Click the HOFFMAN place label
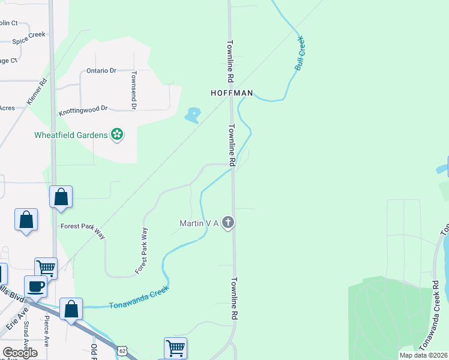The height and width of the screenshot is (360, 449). pos(232,94)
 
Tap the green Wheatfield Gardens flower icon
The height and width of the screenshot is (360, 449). pos(118,134)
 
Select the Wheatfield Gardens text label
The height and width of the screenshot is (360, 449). pos(71,134)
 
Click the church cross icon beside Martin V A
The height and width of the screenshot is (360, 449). pos(228,223)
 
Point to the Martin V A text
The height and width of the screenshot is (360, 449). pos(199,224)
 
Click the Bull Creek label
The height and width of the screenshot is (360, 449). pos(300,54)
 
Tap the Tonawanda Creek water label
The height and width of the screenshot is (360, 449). pos(139,298)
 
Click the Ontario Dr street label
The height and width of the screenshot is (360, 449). pos(101,71)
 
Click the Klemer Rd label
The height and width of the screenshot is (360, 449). pos(36,93)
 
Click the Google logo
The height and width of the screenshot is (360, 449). pos(20,353)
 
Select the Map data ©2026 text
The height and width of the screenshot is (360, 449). pos(424,355)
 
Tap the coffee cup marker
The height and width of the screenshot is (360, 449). pos(35,287)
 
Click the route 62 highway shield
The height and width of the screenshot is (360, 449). pos(122,350)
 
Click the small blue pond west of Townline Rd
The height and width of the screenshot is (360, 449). pos(193,115)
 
